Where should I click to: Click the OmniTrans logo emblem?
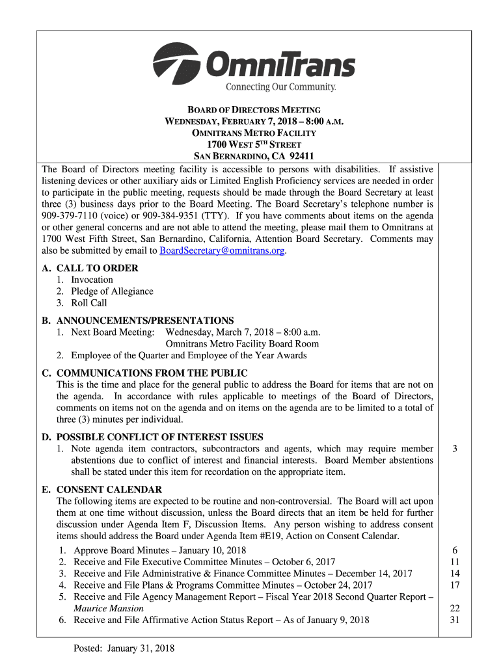(x=177, y=63)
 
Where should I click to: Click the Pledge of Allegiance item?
(x=112, y=291)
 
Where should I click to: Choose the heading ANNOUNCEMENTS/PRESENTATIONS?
(x=145, y=321)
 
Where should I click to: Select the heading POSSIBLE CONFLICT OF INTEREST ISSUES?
(x=159, y=437)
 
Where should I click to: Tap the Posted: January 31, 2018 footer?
(x=124, y=648)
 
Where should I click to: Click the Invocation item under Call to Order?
(x=92, y=280)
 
